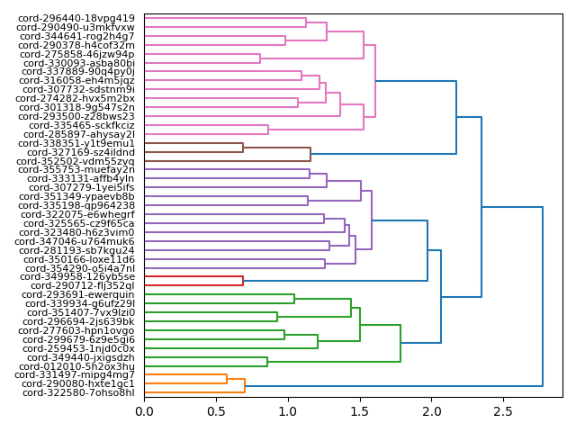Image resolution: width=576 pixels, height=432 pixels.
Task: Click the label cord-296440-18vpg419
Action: tap(76, 18)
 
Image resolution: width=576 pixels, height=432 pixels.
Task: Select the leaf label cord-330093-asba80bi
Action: tap(79, 63)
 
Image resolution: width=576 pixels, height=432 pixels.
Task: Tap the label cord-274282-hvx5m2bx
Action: tap(76, 98)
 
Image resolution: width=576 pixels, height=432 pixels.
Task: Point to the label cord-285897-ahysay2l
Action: tap(76, 134)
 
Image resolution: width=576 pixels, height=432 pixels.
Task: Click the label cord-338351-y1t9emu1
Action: tap(76, 143)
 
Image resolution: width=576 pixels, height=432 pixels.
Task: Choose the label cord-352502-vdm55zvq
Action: tap(76, 161)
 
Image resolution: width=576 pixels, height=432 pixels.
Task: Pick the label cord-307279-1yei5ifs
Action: tap(82, 187)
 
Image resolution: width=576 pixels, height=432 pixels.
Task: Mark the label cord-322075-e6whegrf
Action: tap(76, 214)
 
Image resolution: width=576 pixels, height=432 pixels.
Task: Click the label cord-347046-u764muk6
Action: tap(76, 241)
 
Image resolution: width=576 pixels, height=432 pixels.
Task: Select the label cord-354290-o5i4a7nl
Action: tap(79, 268)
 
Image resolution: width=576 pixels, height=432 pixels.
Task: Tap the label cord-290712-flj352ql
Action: tap(79, 285)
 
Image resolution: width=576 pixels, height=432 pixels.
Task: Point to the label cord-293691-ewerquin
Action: tap(78, 294)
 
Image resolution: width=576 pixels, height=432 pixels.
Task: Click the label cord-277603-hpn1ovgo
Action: tap(76, 330)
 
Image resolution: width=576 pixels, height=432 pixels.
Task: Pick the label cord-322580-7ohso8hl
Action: tap(78, 392)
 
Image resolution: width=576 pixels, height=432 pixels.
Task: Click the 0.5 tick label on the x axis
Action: tap(216, 412)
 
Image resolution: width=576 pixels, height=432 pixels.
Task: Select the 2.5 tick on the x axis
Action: tap(502, 412)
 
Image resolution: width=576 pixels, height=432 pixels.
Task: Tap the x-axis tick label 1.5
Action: tap(359, 412)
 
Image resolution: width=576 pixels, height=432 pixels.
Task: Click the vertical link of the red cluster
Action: tap(243, 281)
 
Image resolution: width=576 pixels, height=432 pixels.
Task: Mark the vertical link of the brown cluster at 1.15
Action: tap(310, 154)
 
